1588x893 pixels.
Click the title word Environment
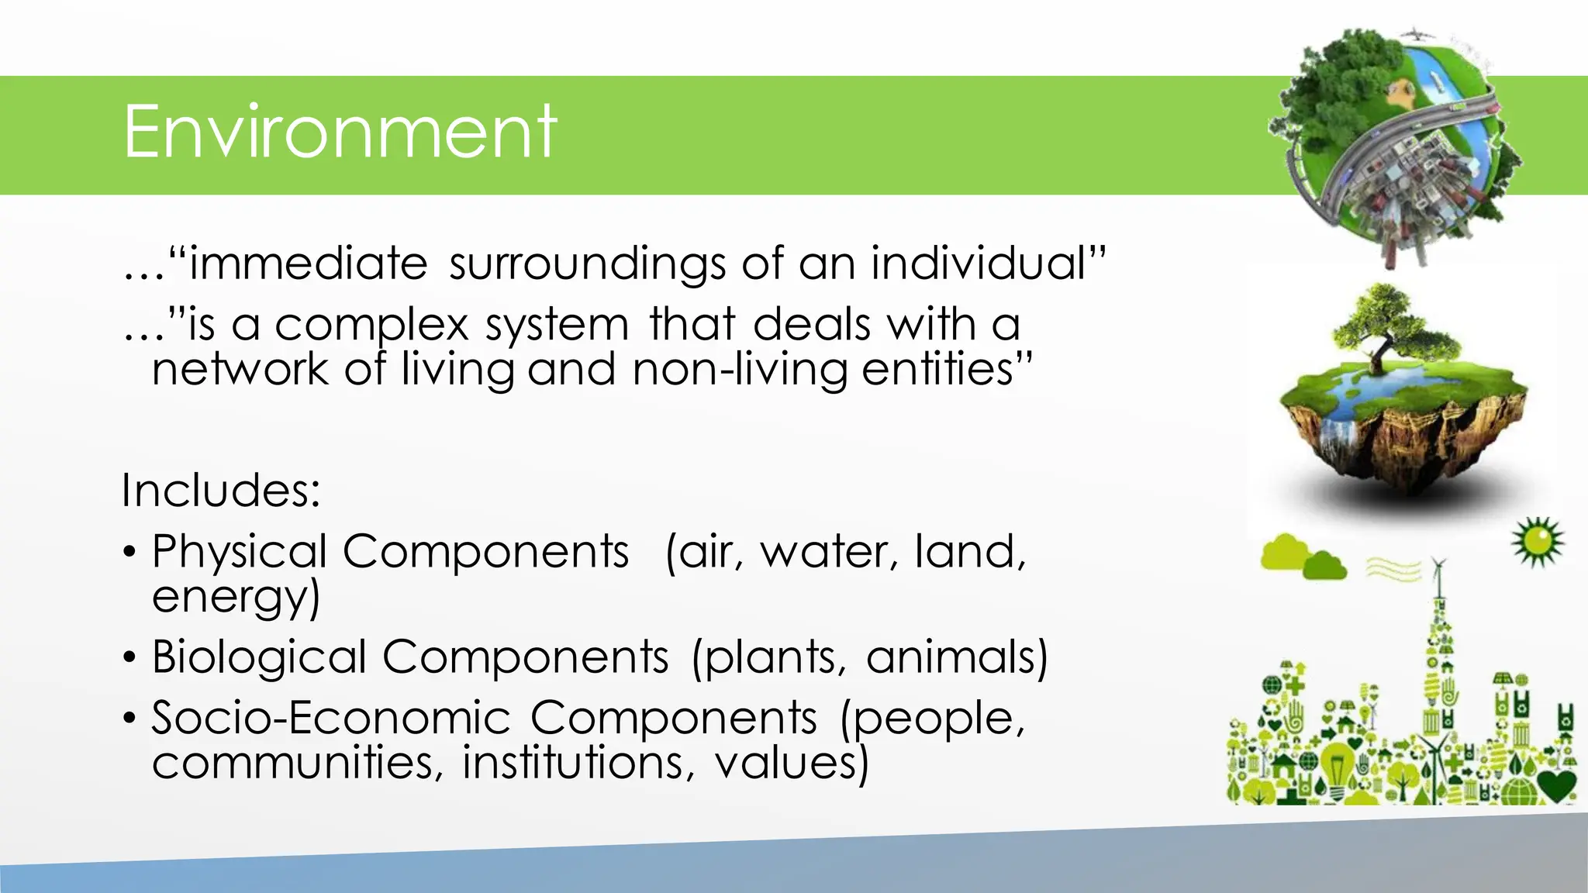point(340,132)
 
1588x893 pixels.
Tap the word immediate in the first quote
point(308,264)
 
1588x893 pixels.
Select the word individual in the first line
point(979,264)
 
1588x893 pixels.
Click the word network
point(240,369)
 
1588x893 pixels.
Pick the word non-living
point(740,370)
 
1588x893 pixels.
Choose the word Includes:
point(221,491)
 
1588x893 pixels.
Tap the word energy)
point(236,597)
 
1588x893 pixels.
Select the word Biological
point(259,657)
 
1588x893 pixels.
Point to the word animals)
point(957,657)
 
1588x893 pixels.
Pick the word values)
point(791,763)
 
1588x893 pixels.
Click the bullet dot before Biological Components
point(129,658)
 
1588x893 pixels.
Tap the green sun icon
point(1537,541)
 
